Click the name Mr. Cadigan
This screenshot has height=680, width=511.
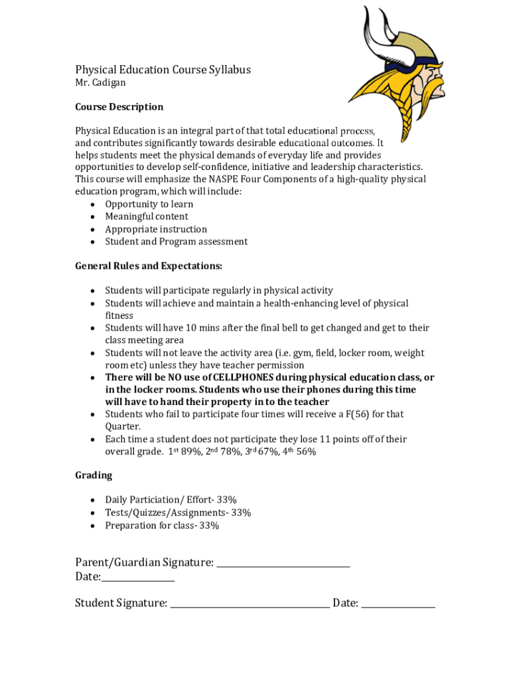coord(100,83)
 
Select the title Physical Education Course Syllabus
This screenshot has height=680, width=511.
coord(163,70)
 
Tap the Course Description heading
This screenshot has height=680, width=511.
coord(119,107)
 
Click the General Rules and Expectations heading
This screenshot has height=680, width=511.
coord(149,266)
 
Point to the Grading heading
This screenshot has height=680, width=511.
coord(94,475)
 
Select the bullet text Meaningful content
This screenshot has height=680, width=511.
coord(147,216)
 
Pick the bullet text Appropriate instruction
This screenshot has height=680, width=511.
coord(156,229)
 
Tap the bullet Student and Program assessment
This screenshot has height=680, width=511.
coord(176,242)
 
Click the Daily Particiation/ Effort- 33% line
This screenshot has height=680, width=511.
coord(171,500)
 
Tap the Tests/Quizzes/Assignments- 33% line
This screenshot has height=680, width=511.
coord(178,513)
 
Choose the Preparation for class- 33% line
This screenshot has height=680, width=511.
coord(162,525)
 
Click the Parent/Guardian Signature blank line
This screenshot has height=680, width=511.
coord(283,564)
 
